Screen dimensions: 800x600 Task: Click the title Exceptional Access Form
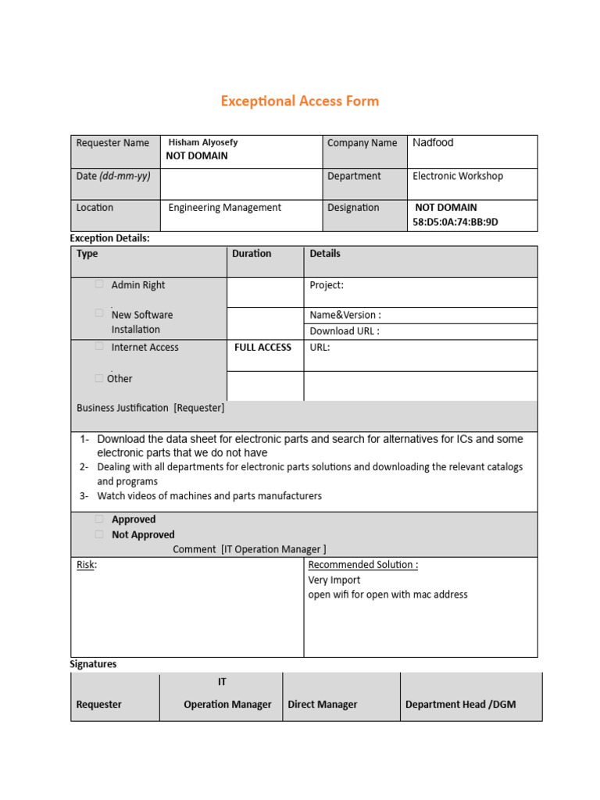299,101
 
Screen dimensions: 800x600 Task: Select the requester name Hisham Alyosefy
203,142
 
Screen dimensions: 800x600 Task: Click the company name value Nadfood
433,142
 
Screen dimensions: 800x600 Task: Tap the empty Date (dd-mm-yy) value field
241,184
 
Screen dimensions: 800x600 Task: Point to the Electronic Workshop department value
458,176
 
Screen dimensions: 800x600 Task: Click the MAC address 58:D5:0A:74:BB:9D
455,222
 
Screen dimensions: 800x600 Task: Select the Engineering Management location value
225,208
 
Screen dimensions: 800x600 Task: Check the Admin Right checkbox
99,284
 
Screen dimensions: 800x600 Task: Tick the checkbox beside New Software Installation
99,312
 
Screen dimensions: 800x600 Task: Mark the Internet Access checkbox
99,345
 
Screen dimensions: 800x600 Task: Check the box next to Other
98,378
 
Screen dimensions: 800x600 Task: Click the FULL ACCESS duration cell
262,347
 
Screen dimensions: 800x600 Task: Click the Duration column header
252,254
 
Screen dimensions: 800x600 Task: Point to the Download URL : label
345,330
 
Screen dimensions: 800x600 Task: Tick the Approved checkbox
99,519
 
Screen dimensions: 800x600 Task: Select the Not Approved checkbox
99,534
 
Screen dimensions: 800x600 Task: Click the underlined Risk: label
86,565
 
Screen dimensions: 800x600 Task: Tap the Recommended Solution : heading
363,565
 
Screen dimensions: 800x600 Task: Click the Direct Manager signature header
323,704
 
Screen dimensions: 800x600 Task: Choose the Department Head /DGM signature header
460,704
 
